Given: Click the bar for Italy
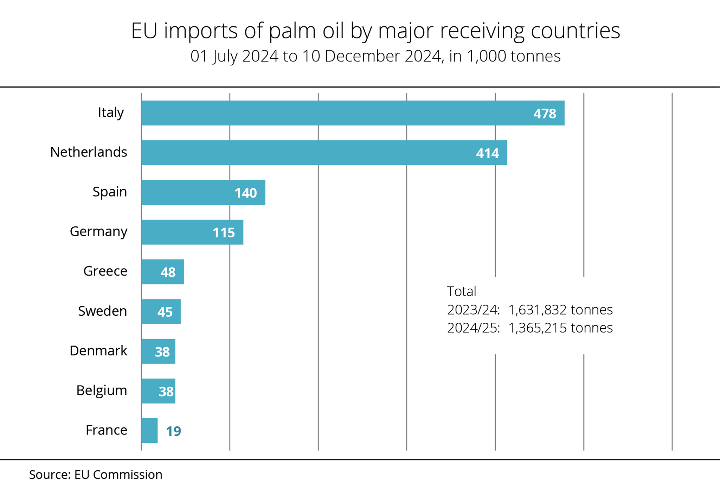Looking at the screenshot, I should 353,113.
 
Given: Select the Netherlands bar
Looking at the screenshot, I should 324,153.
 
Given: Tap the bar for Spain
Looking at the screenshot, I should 203,192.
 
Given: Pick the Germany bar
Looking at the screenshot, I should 192,232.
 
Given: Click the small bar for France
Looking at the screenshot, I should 149,431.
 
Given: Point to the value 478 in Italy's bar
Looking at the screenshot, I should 545,114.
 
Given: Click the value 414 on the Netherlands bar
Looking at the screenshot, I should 487,153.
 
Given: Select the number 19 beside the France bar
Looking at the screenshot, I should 173,431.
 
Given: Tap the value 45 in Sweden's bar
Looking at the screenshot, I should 165,312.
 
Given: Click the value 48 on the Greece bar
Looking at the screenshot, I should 168,272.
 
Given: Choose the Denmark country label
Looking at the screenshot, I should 98,351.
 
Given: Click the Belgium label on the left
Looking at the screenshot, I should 102,391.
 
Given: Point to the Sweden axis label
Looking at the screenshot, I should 102,311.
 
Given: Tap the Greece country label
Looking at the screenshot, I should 105,271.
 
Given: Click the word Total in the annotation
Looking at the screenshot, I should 461,291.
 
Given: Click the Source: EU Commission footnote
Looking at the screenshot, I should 96,475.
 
